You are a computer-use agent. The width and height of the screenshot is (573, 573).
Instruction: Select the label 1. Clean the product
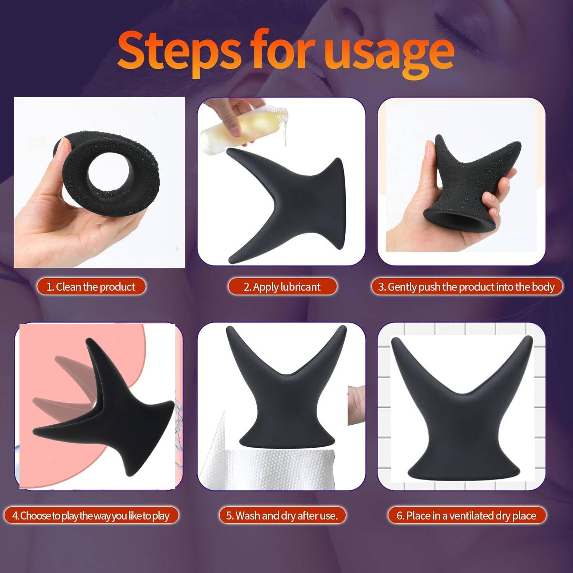[x=91, y=286]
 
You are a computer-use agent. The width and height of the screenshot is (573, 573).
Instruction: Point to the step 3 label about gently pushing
[x=466, y=286]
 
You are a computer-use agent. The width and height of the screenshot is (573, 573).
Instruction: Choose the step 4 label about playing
[x=91, y=516]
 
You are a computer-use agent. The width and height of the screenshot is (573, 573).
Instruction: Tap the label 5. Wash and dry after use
[x=282, y=516]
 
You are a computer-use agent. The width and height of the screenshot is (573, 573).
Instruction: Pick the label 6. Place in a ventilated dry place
[x=466, y=516]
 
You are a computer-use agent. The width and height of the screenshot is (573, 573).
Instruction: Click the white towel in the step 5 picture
[x=275, y=470]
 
